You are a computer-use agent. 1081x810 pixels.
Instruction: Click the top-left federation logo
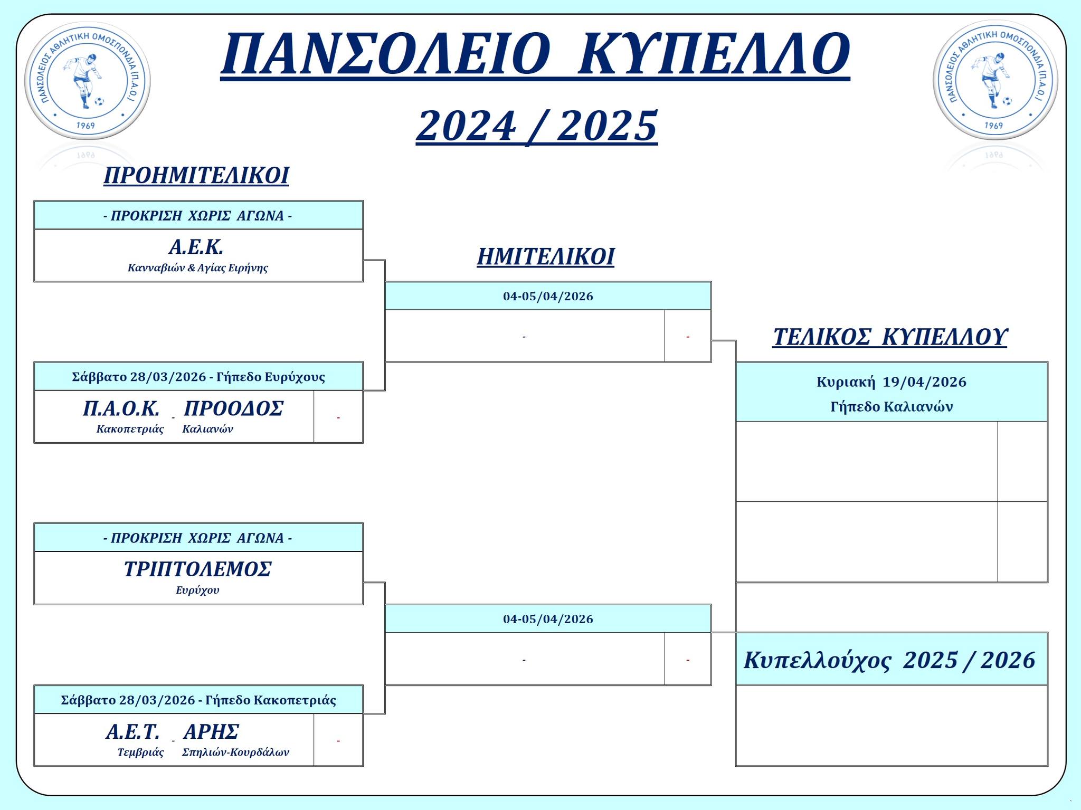(88, 81)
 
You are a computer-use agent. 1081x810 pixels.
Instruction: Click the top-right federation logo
(995, 81)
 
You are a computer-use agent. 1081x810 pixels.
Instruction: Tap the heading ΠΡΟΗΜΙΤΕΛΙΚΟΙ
(196, 175)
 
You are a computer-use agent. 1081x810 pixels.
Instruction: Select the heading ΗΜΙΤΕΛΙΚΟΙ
(546, 257)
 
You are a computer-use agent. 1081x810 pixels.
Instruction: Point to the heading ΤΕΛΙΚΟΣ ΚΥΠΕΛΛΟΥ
(890, 337)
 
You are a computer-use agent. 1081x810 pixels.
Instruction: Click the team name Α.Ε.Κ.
(196, 247)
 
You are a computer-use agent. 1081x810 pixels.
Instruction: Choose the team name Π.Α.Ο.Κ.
(121, 408)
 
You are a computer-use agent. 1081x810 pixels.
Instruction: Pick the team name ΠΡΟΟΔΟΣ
(233, 408)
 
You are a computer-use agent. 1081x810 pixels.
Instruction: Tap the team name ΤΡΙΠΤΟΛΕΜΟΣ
(198, 569)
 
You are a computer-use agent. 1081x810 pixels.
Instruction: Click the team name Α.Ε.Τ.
(132, 732)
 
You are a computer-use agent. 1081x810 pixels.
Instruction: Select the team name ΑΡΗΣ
(211, 732)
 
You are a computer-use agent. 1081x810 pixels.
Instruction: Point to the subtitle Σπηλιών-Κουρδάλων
(235, 752)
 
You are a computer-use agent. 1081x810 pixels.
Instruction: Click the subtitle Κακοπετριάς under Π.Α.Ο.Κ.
(130, 429)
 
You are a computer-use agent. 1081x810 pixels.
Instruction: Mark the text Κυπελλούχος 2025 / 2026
(890, 661)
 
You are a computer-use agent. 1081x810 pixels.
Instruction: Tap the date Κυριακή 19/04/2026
(892, 382)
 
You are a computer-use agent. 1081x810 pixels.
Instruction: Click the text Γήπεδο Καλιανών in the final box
(892, 407)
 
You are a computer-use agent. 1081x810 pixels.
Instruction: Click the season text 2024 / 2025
(537, 127)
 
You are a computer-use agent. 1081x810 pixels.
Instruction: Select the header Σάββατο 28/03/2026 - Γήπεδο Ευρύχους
(198, 377)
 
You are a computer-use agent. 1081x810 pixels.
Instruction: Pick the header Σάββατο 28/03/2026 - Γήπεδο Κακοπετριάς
(198, 700)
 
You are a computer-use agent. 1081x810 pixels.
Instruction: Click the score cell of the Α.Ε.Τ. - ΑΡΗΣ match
(338, 740)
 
